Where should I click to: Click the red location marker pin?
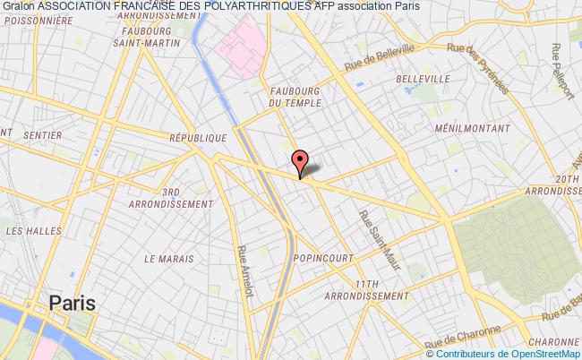click(299, 162)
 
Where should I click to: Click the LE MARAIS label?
click(169, 258)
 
